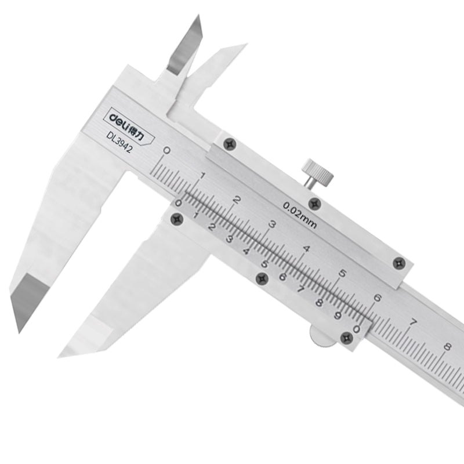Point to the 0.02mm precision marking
coord(300,215)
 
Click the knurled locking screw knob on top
coord(317,172)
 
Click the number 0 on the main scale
coord(167,151)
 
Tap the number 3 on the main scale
coord(272,224)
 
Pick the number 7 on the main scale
coord(412,322)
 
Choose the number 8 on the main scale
coord(447,346)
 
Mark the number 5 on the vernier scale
coord(264,264)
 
